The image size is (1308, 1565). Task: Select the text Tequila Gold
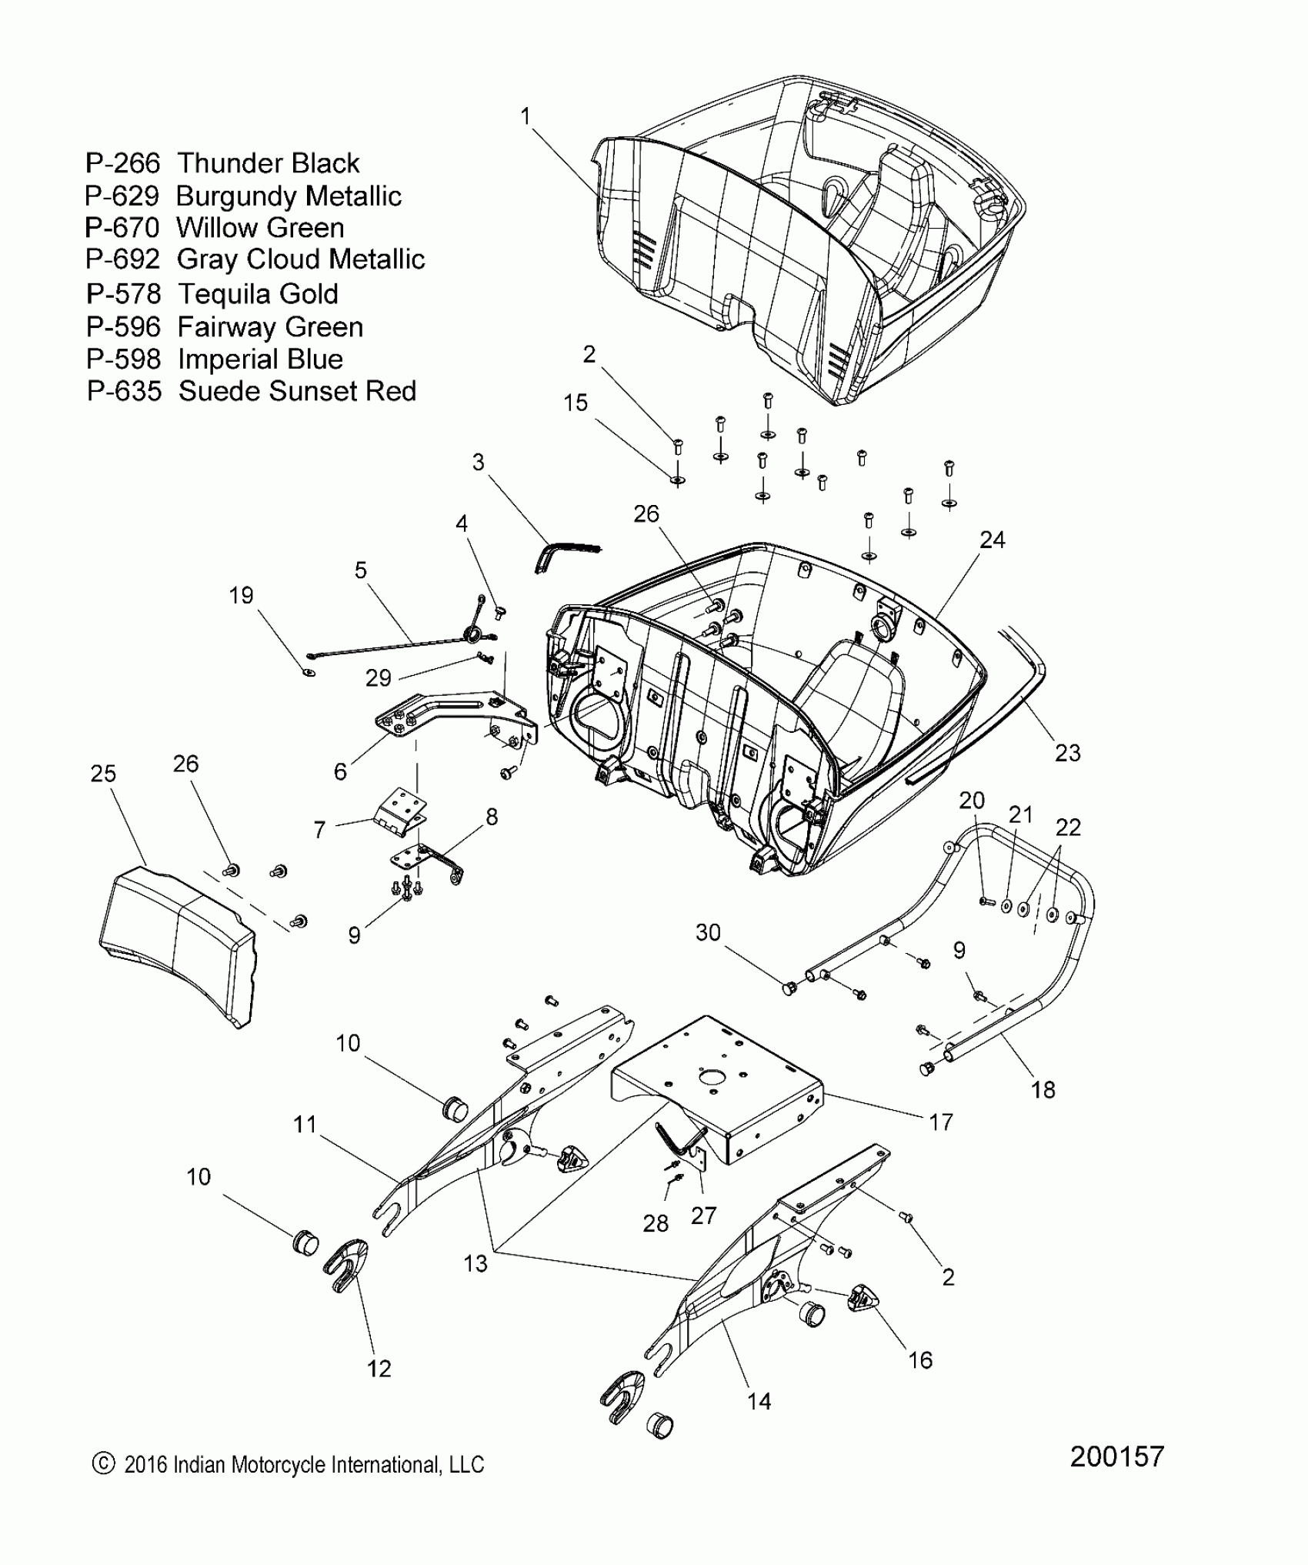258,294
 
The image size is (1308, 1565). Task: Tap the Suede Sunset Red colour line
251,391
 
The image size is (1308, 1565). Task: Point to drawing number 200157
1116,1456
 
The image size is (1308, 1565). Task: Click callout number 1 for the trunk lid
526,117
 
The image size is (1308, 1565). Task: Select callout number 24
992,540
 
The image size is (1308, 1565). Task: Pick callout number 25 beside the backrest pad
103,773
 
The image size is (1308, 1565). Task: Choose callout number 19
241,595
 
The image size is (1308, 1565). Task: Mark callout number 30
708,932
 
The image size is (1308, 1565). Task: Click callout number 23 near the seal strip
1067,753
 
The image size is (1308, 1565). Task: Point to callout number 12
379,1368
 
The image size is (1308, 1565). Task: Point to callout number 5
361,570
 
